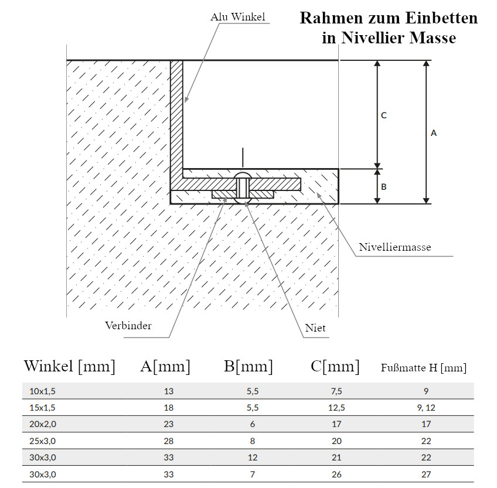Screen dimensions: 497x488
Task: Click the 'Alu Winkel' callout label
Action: coord(238,17)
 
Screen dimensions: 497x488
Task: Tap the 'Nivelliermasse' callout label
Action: coord(395,247)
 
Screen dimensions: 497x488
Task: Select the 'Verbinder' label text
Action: coord(128,326)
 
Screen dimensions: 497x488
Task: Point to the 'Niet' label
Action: coord(315,327)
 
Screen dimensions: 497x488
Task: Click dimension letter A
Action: coord(434,133)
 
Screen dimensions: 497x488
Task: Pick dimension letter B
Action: coord(384,187)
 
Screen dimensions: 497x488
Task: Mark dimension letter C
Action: coord(384,115)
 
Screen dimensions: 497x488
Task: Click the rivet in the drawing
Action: coord(243,187)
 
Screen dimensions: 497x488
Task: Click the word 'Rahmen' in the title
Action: coord(331,18)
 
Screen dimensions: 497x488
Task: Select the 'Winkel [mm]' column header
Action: coord(69,366)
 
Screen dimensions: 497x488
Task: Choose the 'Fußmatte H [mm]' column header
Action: coord(424,367)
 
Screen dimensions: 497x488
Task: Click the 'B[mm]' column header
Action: coord(248,366)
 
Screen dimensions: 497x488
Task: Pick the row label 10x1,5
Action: coord(42,391)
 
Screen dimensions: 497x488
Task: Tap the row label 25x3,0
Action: coord(42,441)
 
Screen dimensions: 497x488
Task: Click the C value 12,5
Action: coord(336,408)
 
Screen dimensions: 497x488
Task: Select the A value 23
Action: coord(169,424)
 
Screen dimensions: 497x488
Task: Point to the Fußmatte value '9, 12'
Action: coord(426,408)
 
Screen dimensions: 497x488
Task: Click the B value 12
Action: coord(253,458)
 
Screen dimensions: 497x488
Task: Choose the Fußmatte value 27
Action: coord(426,475)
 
